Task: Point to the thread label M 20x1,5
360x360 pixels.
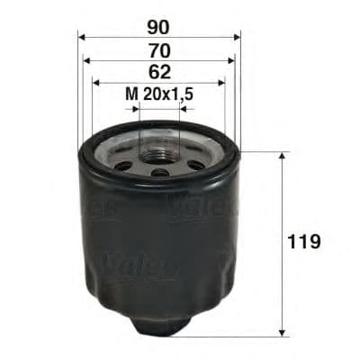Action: [159, 93]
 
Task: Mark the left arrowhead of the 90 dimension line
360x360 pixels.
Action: [83, 37]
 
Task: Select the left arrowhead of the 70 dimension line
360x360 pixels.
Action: [87, 60]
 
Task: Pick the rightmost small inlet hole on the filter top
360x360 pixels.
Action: [195, 165]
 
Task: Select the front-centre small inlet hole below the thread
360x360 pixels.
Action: [159, 172]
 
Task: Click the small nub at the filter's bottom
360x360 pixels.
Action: [159, 329]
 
